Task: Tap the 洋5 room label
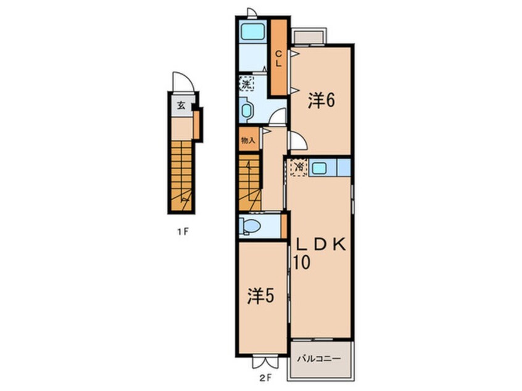click(x=260, y=295)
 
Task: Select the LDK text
click(x=321, y=245)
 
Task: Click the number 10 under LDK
click(x=302, y=262)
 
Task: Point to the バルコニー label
click(x=319, y=359)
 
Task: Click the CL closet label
click(x=278, y=58)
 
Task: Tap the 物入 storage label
click(x=248, y=140)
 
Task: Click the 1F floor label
click(x=183, y=231)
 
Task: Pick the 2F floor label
click(x=266, y=377)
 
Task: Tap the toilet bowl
click(x=251, y=226)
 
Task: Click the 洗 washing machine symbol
click(x=246, y=83)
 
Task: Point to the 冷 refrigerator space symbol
click(x=299, y=167)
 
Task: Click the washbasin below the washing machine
click(x=246, y=110)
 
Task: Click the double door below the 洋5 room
click(x=265, y=363)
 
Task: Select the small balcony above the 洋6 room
click(x=309, y=36)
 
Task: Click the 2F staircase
click(x=250, y=182)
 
